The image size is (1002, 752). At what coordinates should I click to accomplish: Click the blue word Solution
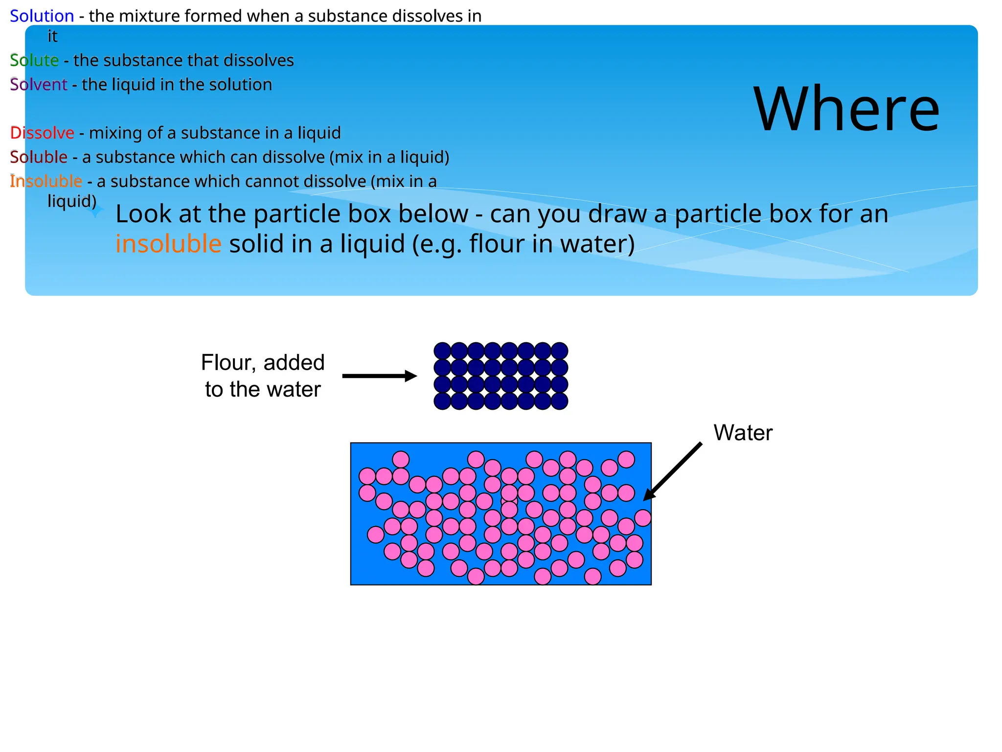pyautogui.click(x=42, y=16)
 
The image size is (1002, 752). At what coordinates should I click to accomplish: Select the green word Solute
pyautogui.click(x=34, y=60)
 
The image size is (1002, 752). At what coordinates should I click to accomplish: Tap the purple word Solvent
pyautogui.click(x=38, y=85)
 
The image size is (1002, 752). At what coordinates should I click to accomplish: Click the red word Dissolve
pyautogui.click(x=42, y=133)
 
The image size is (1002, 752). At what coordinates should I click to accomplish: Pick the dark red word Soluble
pyautogui.click(x=39, y=157)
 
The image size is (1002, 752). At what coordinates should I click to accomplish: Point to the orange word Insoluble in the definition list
pyautogui.click(x=46, y=181)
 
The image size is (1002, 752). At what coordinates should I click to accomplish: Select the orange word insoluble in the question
pyautogui.click(x=168, y=244)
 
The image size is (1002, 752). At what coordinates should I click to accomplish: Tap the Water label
pyautogui.click(x=743, y=433)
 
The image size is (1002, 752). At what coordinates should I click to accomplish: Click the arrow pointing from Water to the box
pyautogui.click(x=672, y=471)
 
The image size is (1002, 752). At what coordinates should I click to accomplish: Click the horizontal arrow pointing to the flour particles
pyautogui.click(x=379, y=376)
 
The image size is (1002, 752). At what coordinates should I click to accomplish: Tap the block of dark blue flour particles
pyautogui.click(x=501, y=376)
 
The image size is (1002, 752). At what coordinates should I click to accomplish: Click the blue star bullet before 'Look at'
pyautogui.click(x=96, y=210)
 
